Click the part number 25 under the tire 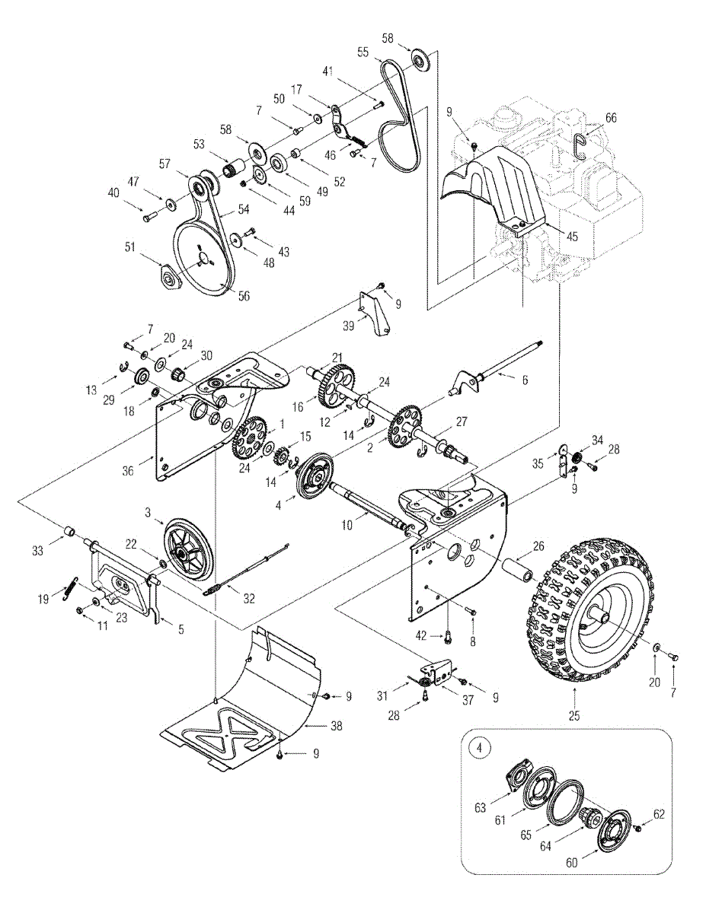573,715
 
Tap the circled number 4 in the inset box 479,748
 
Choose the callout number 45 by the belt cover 572,237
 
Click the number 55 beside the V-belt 363,52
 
